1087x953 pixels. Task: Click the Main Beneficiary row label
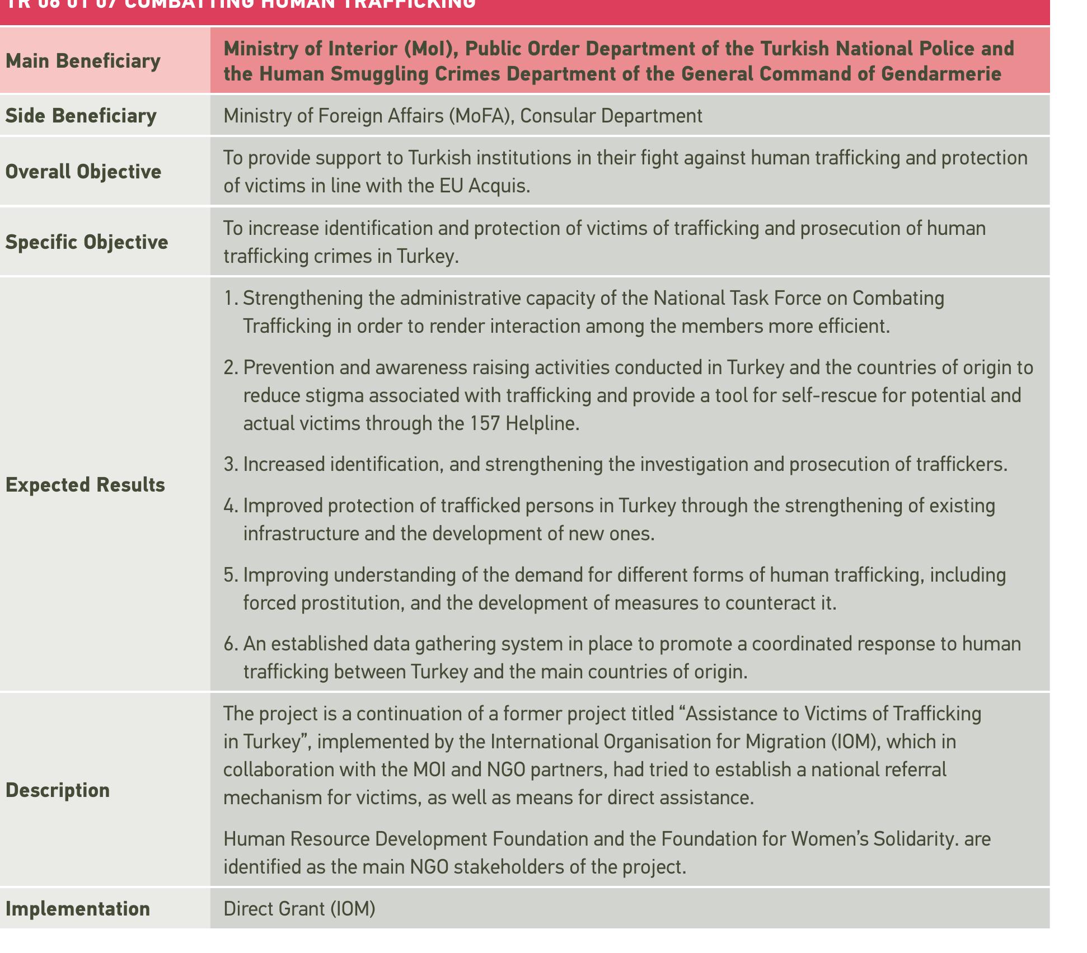(x=83, y=61)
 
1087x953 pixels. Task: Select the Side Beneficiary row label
(x=81, y=116)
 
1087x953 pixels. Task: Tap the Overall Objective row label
(x=83, y=172)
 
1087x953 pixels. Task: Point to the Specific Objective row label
(x=87, y=242)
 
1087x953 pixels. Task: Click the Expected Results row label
(x=85, y=485)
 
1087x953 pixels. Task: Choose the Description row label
(x=58, y=790)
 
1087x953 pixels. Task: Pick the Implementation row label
(x=78, y=909)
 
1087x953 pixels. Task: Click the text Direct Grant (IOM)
(x=299, y=909)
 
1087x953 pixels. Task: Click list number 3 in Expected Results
(x=229, y=465)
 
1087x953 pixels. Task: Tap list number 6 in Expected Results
(x=229, y=644)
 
